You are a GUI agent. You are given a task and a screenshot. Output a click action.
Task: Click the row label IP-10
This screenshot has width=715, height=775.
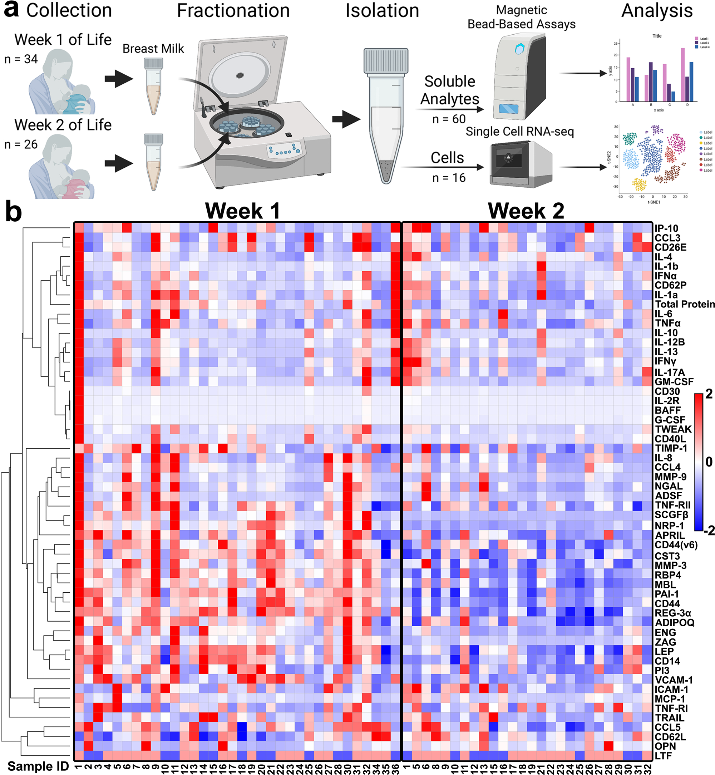point(666,228)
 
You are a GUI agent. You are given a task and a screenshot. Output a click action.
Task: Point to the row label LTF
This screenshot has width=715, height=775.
point(663,756)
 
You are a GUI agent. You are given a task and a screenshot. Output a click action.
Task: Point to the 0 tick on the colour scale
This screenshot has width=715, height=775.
point(709,461)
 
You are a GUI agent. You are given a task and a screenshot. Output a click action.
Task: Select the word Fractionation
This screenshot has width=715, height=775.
point(233,11)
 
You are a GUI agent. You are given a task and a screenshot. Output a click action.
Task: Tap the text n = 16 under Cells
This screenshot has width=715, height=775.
point(449,178)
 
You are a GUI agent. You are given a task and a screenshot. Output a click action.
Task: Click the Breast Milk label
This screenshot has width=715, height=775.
point(153,49)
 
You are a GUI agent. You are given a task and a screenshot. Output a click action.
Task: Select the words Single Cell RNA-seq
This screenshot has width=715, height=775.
point(519,132)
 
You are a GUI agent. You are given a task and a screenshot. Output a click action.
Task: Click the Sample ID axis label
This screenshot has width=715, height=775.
point(38,766)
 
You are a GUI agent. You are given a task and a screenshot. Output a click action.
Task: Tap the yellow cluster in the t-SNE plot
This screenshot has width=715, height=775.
point(639,184)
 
